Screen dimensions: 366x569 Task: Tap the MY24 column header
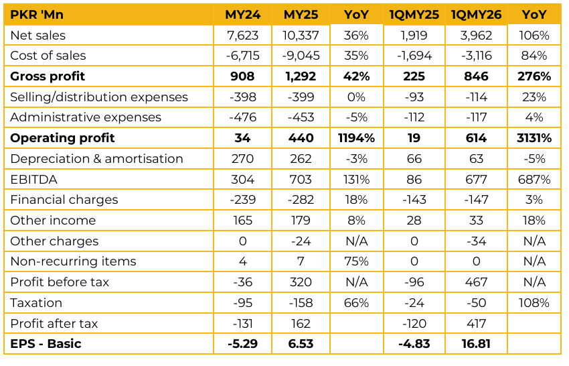tap(243, 15)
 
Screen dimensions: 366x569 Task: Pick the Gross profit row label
tap(48, 76)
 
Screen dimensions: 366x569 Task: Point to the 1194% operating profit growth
tap(355, 138)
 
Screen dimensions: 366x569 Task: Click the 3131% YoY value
tap(534, 138)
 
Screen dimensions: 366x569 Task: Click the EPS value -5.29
tap(243, 345)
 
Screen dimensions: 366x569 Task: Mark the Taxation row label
tap(36, 303)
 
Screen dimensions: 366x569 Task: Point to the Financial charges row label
tap(64, 200)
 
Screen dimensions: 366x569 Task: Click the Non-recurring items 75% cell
tap(355, 261)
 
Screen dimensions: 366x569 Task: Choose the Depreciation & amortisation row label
tap(96, 159)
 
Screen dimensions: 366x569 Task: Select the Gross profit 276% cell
tap(534, 76)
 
